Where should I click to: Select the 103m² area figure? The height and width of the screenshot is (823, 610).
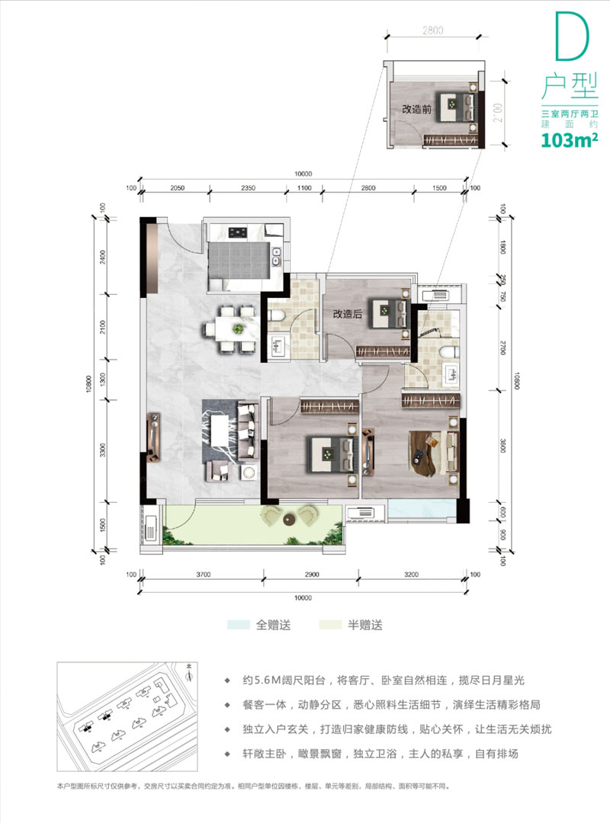(567, 139)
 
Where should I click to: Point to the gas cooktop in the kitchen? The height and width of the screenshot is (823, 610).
(239, 232)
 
